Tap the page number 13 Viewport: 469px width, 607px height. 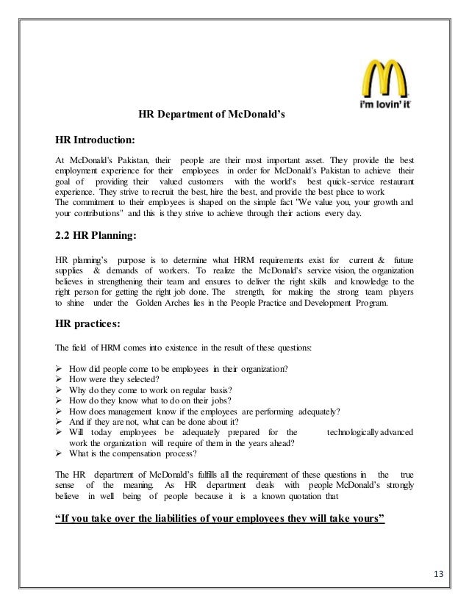[443, 573]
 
